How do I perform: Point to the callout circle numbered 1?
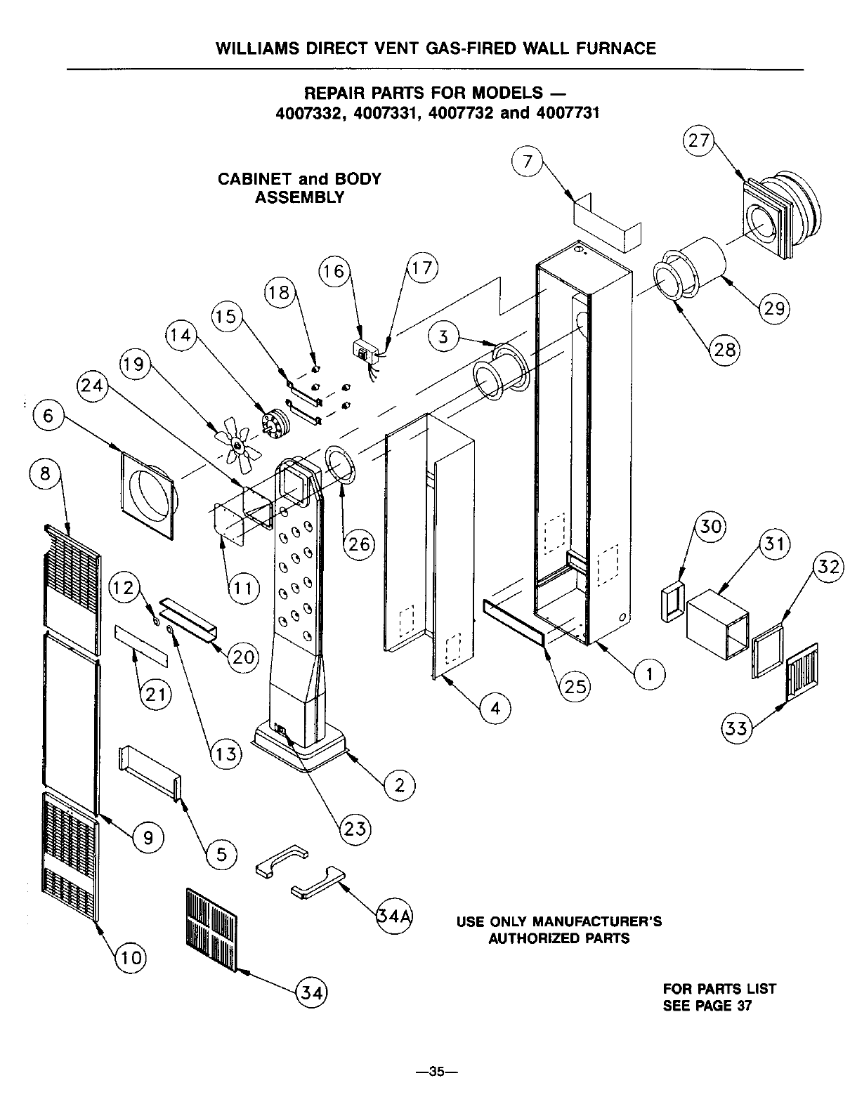coord(649,674)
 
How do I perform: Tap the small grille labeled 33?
coord(801,672)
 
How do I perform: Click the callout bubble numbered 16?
coord(334,271)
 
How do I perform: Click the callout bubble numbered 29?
coord(775,309)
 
